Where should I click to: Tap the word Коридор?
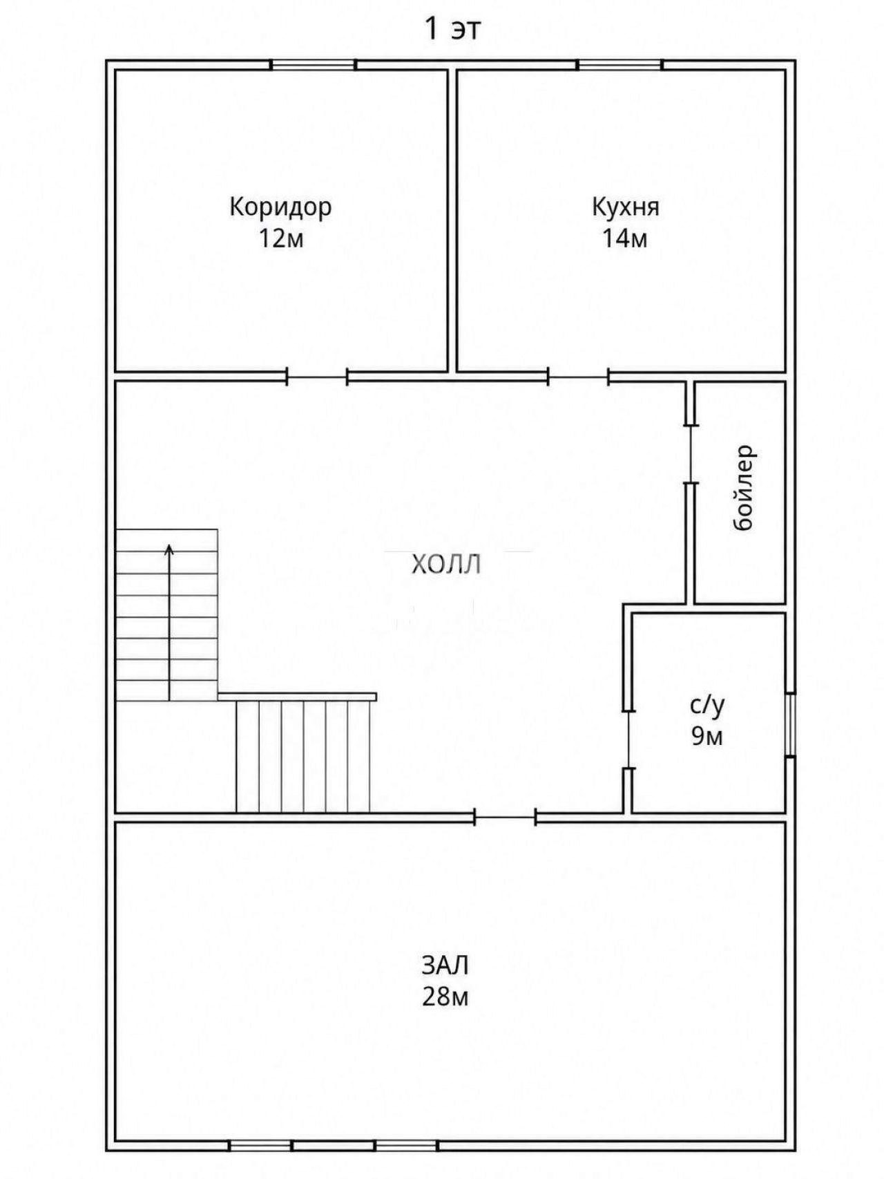pos(280,207)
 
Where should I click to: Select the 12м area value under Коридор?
pos(281,238)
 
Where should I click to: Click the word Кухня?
pos(626,207)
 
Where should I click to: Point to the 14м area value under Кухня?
pos(625,238)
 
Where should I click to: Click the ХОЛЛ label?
pos(445,565)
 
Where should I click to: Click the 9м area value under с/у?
pos(707,737)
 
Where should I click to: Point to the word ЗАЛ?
pos(445,965)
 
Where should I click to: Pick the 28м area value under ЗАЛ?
pos(445,997)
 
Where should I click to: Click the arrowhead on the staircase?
pos(169,550)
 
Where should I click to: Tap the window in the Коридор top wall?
pos(313,65)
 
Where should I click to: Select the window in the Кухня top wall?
pos(620,65)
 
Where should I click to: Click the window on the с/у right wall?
pos(791,724)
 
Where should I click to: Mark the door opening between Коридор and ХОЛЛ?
pos(317,377)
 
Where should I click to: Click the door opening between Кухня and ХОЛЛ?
pos(579,377)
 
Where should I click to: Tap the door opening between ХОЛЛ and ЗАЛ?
pos(506,818)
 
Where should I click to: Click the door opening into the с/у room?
pos(628,739)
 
